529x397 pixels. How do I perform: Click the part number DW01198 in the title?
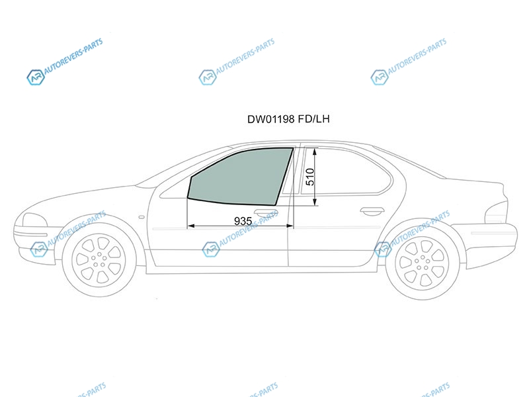[x=271, y=119]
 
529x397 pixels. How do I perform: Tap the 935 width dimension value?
[x=243, y=221]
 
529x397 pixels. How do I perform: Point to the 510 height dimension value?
[x=310, y=177]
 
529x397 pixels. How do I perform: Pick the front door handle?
[x=266, y=212]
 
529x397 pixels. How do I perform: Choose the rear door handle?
[x=372, y=211]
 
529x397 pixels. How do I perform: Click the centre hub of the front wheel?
[x=99, y=260]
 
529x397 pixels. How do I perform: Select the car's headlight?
[x=34, y=220]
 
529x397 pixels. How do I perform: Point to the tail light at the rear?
[x=496, y=212]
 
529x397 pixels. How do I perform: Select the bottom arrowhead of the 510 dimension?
[x=315, y=202]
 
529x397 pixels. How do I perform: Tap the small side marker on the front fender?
[x=142, y=217]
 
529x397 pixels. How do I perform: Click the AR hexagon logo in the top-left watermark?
[x=36, y=77]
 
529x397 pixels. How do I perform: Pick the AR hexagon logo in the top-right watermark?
[x=379, y=77]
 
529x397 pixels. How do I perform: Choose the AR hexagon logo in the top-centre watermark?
[x=207, y=77]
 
